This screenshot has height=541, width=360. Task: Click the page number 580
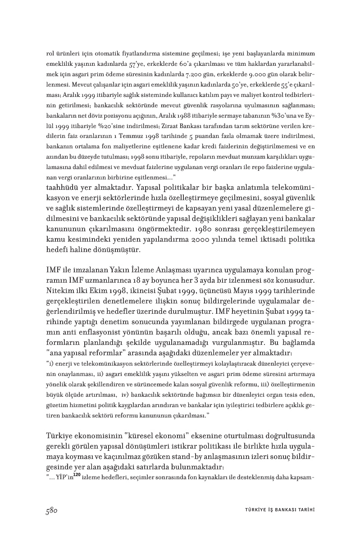coord(50,510)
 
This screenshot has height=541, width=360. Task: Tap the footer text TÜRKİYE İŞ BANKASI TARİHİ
coord(277,510)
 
